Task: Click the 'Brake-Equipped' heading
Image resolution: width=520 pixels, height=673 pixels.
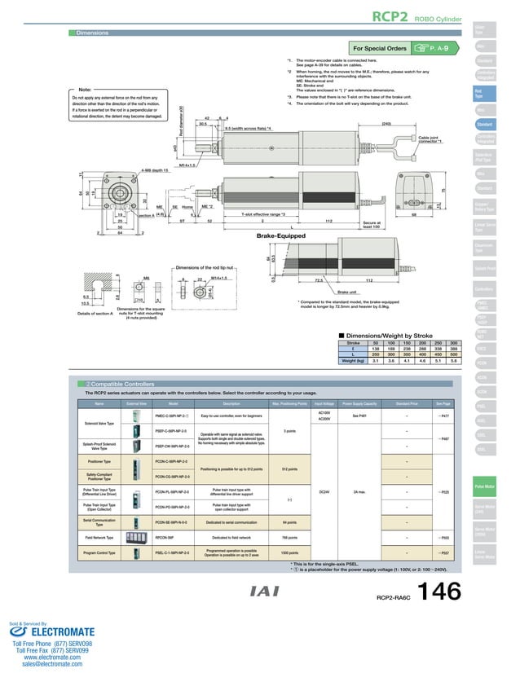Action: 281,235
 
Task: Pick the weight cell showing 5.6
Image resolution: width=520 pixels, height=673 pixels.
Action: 454,361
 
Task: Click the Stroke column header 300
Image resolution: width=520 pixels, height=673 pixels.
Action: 454,343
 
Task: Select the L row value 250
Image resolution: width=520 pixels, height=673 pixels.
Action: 376,355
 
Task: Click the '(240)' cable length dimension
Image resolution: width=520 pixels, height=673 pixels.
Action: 386,123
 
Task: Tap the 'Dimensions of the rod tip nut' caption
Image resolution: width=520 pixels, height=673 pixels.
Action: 207,267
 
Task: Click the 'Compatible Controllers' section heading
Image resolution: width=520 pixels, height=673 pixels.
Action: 113,383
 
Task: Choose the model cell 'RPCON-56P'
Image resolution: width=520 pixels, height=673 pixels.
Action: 171,538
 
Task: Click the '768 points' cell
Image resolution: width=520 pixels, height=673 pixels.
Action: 289,538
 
